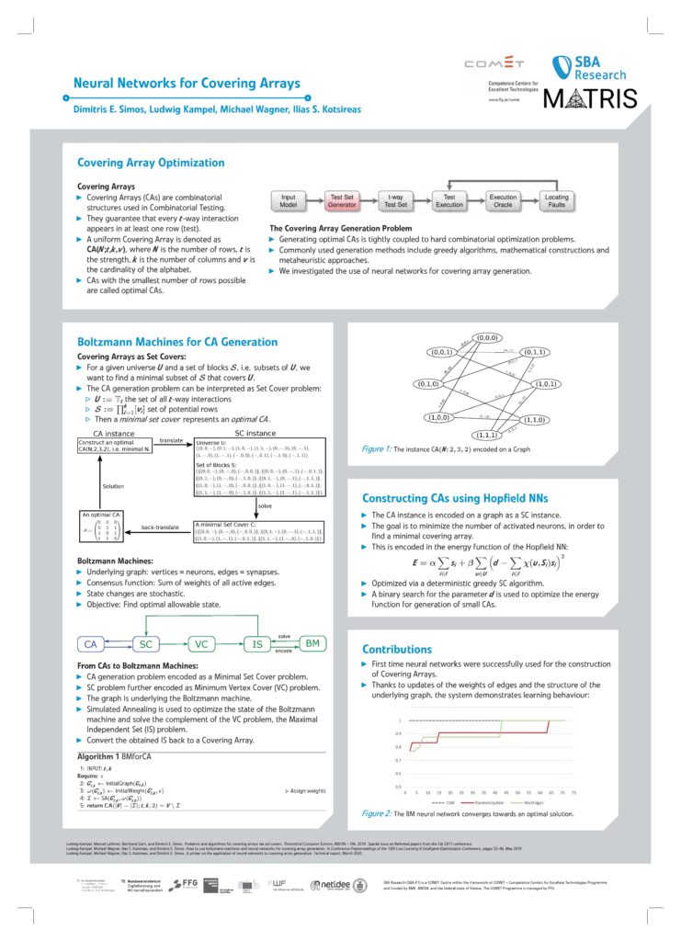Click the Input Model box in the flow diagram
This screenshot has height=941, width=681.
[x=289, y=200]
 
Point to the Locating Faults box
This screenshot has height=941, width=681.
[x=557, y=200]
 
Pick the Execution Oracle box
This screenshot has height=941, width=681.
[x=503, y=200]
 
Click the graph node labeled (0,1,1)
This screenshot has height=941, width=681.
[x=537, y=351]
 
